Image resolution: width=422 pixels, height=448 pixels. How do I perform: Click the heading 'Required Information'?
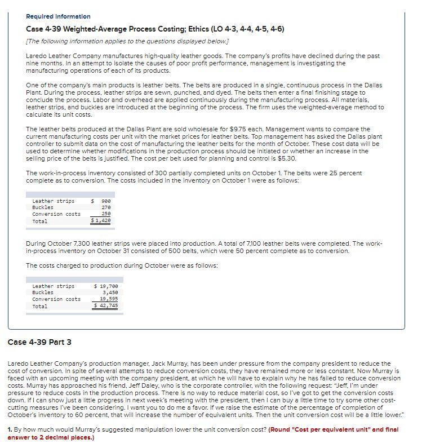pos(58,16)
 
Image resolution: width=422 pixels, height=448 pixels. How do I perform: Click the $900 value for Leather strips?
pos(103,201)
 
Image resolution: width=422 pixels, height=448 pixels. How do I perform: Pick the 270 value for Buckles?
pos(105,207)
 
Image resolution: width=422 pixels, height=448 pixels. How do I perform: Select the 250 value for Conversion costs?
pos(105,214)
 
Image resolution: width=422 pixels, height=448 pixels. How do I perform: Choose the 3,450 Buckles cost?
pos(109,292)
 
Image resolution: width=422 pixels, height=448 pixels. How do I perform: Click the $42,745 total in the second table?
pos(105,306)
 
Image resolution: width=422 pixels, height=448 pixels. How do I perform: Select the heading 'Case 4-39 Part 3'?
pos(39,342)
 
